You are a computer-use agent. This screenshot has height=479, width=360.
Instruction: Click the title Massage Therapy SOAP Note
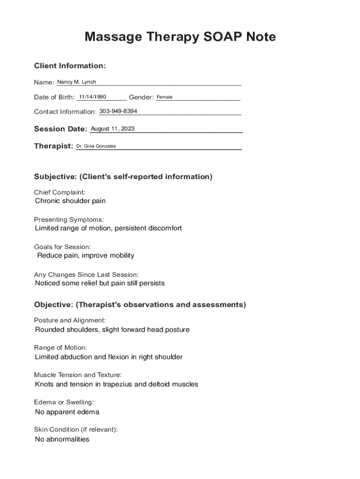pyautogui.click(x=180, y=36)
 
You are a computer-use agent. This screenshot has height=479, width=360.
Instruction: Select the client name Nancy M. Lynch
pyautogui.click(x=76, y=82)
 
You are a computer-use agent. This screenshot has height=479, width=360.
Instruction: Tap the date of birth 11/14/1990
pyautogui.click(x=93, y=97)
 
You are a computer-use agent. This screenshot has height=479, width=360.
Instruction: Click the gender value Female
pyautogui.click(x=165, y=97)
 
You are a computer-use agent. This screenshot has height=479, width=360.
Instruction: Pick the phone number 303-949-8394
pyautogui.click(x=118, y=111)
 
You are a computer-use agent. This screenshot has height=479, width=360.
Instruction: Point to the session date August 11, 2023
pyautogui.click(x=112, y=129)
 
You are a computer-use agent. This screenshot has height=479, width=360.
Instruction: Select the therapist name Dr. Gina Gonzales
pyautogui.click(x=96, y=146)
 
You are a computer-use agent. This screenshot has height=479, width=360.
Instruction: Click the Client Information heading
pyautogui.click(x=70, y=66)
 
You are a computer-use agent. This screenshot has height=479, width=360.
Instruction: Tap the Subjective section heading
pyautogui.click(x=123, y=177)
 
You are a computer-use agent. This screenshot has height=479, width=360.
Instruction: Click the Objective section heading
pyautogui.click(x=140, y=305)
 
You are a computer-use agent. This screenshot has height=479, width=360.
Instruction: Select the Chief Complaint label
pyautogui.click(x=60, y=192)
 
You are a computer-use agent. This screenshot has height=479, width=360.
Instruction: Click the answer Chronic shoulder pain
pyautogui.click(x=71, y=201)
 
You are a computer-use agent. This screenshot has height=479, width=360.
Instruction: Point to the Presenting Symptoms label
pyautogui.click(x=69, y=219)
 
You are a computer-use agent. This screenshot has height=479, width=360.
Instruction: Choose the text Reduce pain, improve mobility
pyautogui.click(x=86, y=255)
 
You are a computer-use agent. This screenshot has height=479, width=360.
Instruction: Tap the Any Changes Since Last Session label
pyautogui.click(x=86, y=275)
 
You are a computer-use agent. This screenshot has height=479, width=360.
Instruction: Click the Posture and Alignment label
pyautogui.click(x=70, y=320)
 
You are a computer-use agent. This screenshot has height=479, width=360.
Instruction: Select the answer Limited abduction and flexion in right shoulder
pyautogui.click(x=108, y=357)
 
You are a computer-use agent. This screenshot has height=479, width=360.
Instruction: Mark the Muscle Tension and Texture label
pyautogui.click(x=78, y=375)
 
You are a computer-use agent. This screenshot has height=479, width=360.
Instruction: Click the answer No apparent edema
pyautogui.click(x=67, y=412)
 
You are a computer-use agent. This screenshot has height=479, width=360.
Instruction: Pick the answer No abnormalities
pyautogui.click(x=62, y=439)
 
